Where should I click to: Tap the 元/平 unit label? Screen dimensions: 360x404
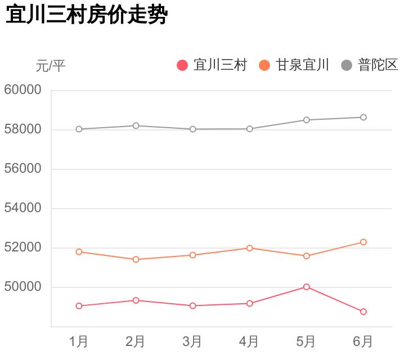click(51, 66)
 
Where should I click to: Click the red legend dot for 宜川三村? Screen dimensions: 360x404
click(182, 65)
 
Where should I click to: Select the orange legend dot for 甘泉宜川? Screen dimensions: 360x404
click(264, 65)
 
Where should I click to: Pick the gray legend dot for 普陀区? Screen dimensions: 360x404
click(347, 65)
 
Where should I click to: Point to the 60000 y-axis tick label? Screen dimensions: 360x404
click(23, 90)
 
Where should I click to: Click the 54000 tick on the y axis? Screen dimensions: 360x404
click(23, 208)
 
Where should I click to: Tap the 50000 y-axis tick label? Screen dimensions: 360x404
click(23, 287)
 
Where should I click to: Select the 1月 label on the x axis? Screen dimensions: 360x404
click(79, 341)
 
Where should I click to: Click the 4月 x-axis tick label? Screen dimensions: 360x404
click(249, 341)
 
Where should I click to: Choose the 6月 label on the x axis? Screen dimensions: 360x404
click(363, 341)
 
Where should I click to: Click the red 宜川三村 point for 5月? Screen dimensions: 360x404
click(307, 287)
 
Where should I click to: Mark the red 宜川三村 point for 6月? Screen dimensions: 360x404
click(363, 312)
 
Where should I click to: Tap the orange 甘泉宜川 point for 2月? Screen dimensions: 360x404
click(136, 259)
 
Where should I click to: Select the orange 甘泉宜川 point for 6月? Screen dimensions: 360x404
click(363, 242)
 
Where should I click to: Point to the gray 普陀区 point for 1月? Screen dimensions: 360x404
click(79, 129)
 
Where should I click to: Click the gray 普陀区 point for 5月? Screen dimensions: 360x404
click(307, 120)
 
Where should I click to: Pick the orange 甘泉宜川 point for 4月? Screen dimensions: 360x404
click(249, 248)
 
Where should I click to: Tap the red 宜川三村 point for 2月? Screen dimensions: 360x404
click(136, 300)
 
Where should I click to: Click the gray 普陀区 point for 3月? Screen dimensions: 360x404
click(192, 129)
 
